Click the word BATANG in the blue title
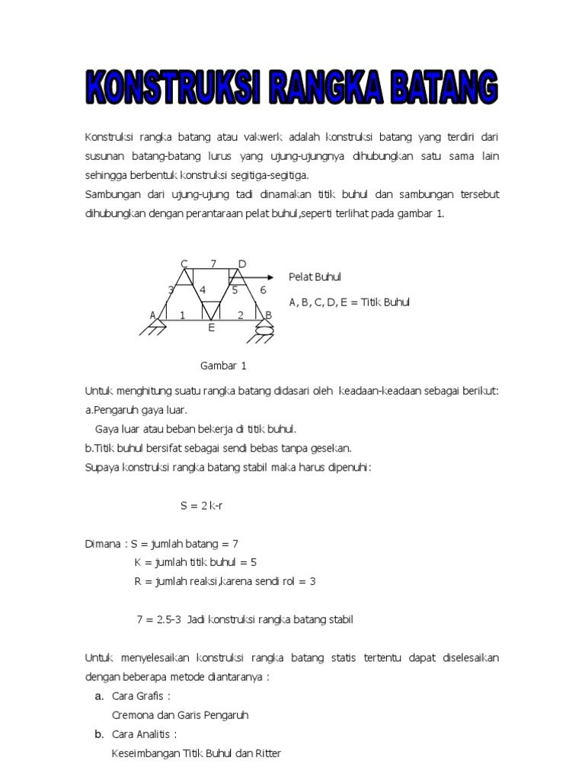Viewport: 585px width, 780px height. tap(443, 88)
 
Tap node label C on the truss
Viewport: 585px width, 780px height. tap(184, 264)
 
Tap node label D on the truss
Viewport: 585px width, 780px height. tap(242, 264)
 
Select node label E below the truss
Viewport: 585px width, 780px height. tap(212, 328)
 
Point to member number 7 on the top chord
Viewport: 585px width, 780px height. tap(213, 264)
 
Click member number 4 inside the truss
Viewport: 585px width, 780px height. tap(203, 290)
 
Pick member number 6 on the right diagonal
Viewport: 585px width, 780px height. tap(263, 290)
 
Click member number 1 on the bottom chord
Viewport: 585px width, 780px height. tap(182, 315)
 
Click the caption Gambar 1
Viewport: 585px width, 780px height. tap(223, 366)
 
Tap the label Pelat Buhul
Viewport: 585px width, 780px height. tap(315, 277)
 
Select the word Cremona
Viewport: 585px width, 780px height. tap(133, 714)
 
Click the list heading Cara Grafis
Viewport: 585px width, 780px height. tap(140, 695)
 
